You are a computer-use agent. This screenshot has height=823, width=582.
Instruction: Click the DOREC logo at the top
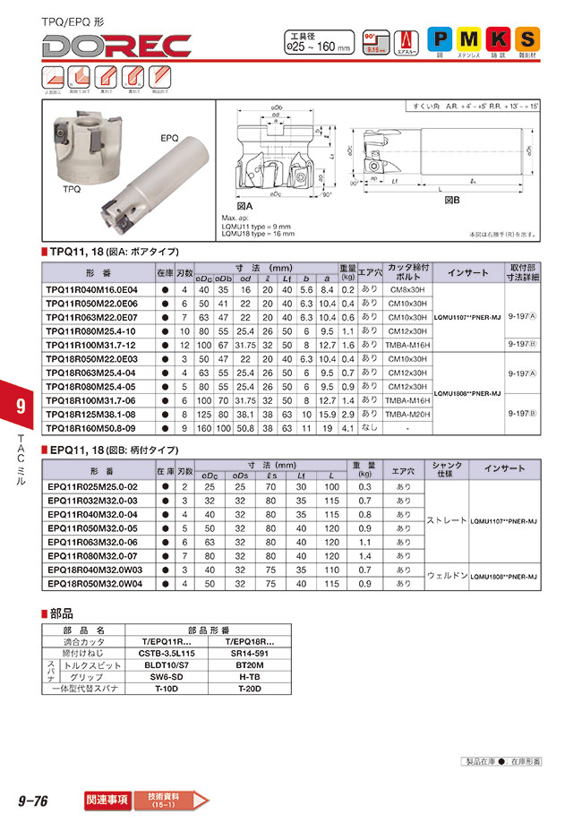click(x=116, y=45)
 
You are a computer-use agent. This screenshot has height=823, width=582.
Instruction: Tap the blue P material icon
click(x=439, y=39)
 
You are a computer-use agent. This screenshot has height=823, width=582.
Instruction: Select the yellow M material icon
click(x=469, y=39)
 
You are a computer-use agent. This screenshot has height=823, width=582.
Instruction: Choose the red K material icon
click(x=500, y=39)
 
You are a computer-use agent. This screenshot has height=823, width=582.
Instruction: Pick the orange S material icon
click(x=529, y=39)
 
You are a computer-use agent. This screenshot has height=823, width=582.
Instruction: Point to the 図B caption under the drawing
click(x=453, y=202)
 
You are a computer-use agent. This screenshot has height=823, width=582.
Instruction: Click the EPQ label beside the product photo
click(x=170, y=139)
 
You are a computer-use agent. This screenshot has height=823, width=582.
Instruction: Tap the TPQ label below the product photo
click(x=73, y=191)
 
